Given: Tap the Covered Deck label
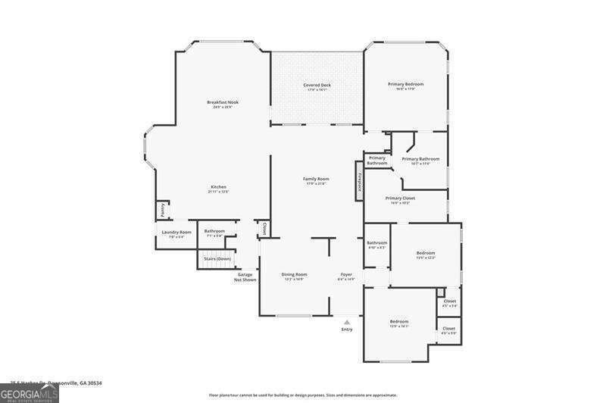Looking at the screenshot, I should click(x=317, y=85).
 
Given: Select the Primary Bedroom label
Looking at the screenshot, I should click(x=405, y=84).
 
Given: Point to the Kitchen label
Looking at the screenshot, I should click(x=218, y=187).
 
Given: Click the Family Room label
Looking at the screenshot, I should click(x=316, y=179).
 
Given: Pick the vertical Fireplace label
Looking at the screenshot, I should click(x=360, y=181).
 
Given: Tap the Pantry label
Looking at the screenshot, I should click(x=162, y=209).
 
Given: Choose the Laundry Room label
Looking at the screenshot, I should click(x=176, y=232).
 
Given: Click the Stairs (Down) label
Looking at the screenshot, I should click(x=217, y=259).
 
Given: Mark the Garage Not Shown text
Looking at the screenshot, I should click(x=245, y=277).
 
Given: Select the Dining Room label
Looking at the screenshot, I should click(x=294, y=274).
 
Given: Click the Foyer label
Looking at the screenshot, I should click(x=346, y=274).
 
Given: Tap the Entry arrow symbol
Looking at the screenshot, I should click(x=347, y=322).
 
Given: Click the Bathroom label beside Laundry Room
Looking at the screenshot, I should click(x=214, y=231).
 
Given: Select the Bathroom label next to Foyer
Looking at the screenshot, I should click(x=376, y=243).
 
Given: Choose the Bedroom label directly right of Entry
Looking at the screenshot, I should click(x=399, y=321).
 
